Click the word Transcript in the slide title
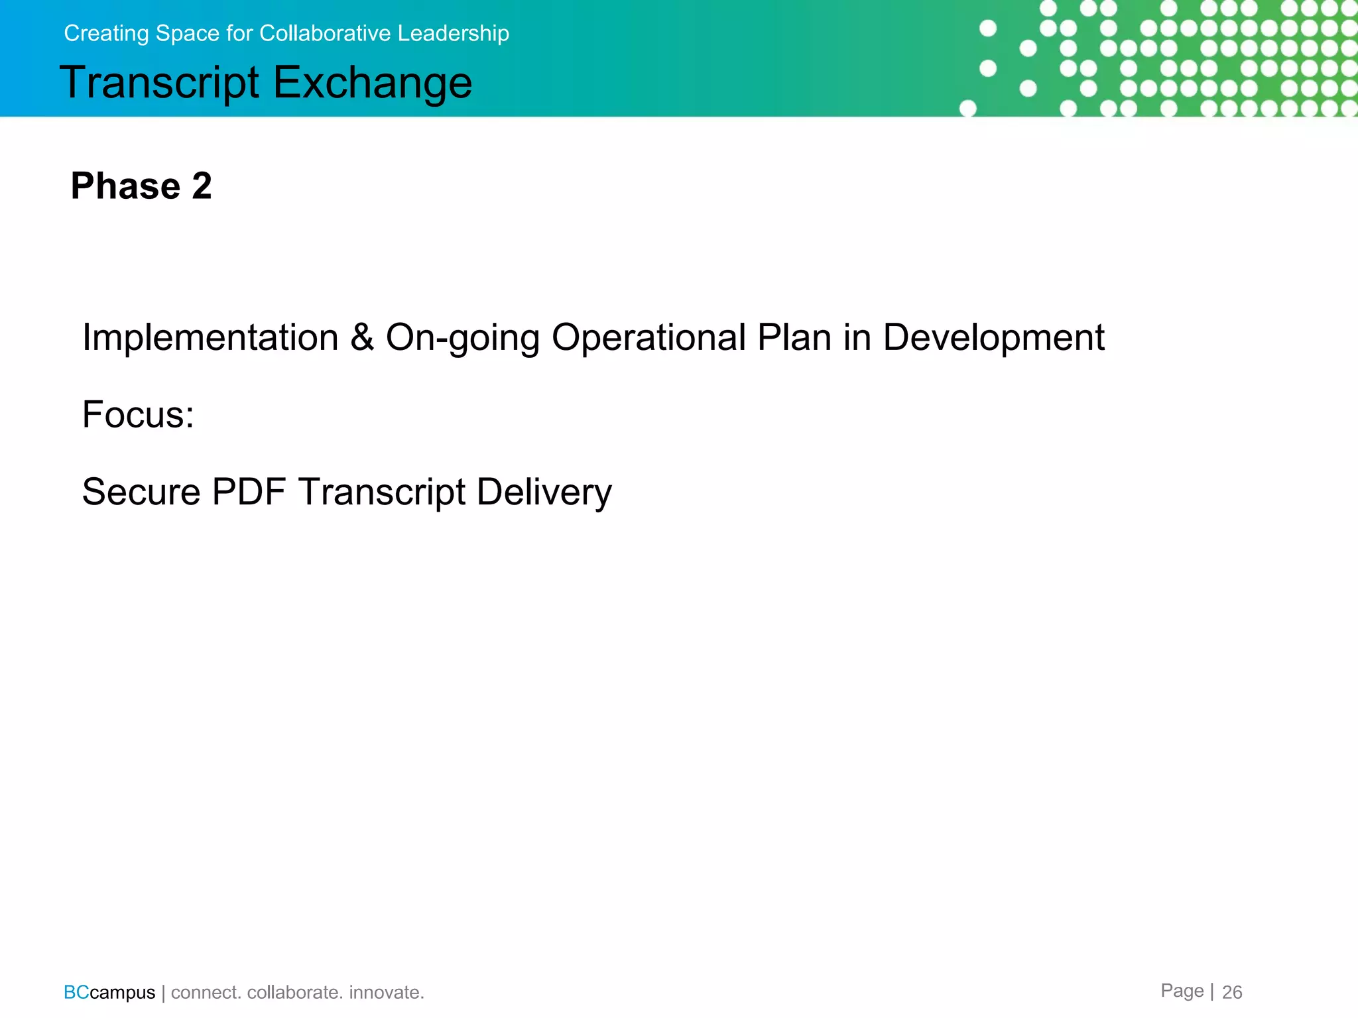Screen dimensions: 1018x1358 click(x=159, y=83)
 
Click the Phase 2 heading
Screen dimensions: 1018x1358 click(x=141, y=186)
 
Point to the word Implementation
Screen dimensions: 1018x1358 click(x=210, y=337)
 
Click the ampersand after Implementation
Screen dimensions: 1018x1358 click(x=362, y=337)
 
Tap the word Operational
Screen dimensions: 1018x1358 click(x=649, y=337)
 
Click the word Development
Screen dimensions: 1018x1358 click(x=993, y=337)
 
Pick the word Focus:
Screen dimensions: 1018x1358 click(x=138, y=415)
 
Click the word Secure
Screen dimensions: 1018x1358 click(x=141, y=492)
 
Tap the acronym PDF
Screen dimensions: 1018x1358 click(x=249, y=492)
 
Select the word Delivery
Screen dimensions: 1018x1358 click(x=544, y=492)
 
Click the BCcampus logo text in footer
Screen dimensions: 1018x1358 click(x=109, y=992)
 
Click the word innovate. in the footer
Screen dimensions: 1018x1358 click(x=387, y=992)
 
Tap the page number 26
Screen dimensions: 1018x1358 click(x=1231, y=992)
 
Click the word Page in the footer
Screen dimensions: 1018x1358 click(x=1182, y=991)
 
